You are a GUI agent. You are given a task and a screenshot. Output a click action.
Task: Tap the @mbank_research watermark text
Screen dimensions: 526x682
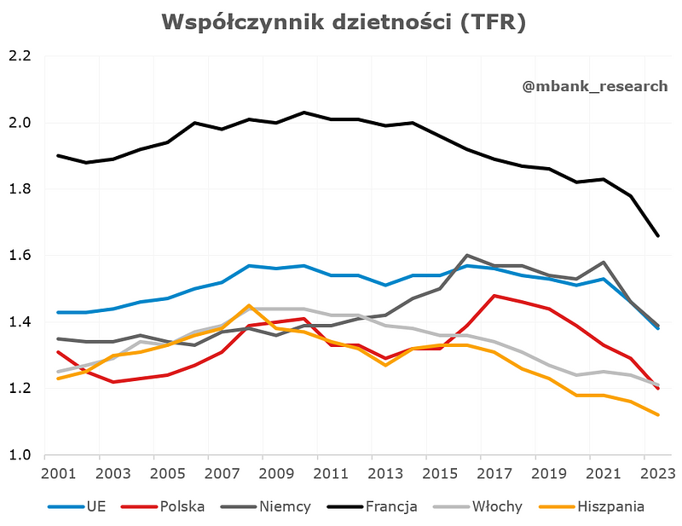595,85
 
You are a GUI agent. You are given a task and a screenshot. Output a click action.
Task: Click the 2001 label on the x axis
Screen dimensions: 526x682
57,473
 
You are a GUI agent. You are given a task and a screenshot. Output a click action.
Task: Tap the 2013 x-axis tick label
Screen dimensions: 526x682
387,473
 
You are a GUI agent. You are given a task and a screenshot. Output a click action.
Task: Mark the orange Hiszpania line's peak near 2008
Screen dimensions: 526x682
249,305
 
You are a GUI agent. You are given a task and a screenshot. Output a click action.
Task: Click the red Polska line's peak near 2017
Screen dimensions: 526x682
494,296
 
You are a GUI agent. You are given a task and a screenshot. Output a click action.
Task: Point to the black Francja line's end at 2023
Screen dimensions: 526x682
658,236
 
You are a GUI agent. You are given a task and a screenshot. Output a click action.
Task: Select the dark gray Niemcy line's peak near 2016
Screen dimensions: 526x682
467,255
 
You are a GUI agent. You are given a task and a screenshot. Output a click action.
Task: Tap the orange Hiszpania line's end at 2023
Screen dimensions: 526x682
658,415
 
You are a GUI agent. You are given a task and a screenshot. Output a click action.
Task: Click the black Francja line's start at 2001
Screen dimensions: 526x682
58,156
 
